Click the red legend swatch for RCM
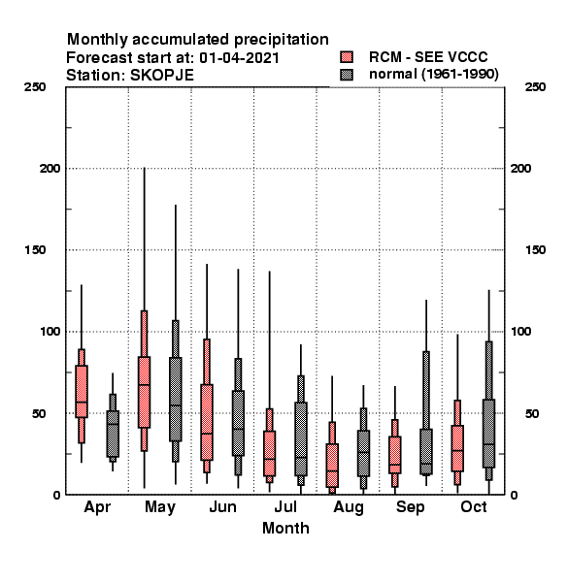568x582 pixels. pos(347,57)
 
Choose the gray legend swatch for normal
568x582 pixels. pos(347,75)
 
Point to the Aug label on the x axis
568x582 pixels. pos(349,507)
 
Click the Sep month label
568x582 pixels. pos(411,507)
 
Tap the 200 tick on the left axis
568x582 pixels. pos(50,169)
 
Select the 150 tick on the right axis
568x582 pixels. pos(535,250)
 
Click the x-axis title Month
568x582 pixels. pos(285,529)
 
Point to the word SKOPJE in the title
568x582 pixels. pos(162,76)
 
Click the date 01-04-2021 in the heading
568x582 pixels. pos(239,58)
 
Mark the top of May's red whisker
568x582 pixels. pos(144,168)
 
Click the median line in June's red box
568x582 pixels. pos(207,434)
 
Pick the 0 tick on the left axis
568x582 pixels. pos(56,495)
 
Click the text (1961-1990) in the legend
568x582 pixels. pos(460,75)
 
